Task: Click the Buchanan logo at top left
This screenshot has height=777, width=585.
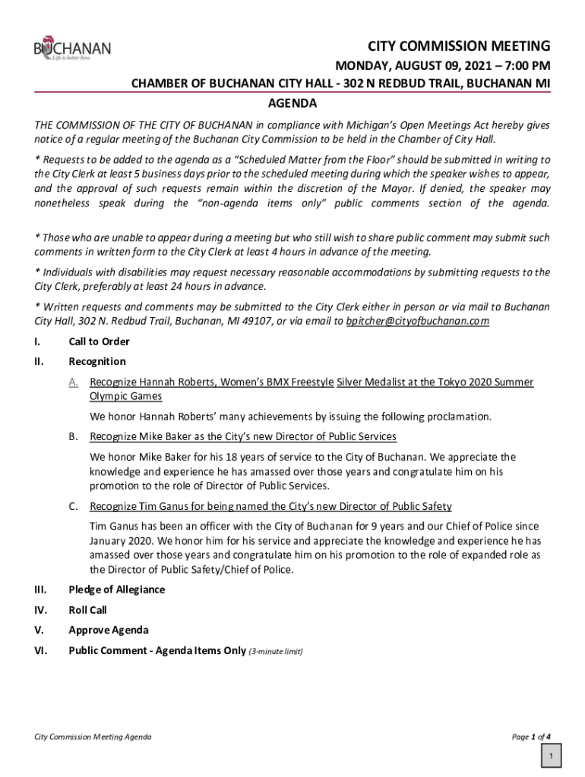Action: click(x=72, y=49)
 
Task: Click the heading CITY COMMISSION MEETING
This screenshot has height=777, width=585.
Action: click(x=454, y=45)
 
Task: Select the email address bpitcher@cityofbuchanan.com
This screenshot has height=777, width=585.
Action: click(x=417, y=322)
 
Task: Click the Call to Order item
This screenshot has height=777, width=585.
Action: click(x=99, y=341)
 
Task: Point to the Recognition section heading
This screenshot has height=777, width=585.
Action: click(x=97, y=361)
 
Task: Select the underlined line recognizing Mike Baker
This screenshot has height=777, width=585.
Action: click(x=243, y=436)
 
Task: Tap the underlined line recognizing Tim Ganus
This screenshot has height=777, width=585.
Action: click(x=270, y=506)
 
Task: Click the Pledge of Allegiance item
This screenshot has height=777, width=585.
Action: click(x=116, y=590)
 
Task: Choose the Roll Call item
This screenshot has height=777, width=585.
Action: click(x=87, y=609)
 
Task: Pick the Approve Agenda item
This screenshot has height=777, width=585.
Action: click(x=109, y=630)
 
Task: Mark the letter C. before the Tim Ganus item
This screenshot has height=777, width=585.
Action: click(x=73, y=506)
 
